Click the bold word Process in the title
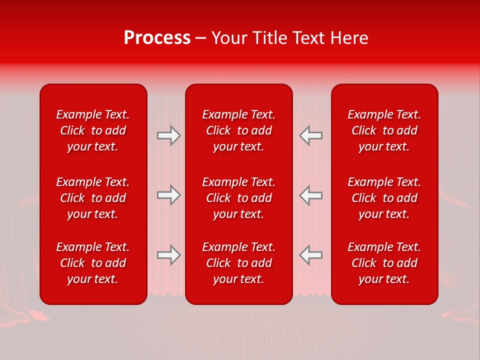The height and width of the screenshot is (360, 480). [157, 38]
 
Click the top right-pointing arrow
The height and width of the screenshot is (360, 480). [169, 135]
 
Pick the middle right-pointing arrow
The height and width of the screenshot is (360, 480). [169, 195]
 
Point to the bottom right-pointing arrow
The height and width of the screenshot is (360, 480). [169, 255]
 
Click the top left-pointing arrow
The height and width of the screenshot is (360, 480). [311, 135]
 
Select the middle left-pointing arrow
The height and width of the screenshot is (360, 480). [311, 195]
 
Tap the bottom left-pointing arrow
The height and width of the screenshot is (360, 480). [311, 255]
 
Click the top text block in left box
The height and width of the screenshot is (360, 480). [93, 130]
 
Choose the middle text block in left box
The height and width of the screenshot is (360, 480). [93, 198]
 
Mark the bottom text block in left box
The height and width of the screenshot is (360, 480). [93, 263]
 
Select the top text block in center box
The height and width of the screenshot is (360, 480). [239, 130]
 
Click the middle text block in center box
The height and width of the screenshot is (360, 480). [239, 198]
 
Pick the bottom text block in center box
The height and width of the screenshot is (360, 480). [239, 263]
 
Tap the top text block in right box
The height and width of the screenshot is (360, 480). [384, 130]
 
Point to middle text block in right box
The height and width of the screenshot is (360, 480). [384, 198]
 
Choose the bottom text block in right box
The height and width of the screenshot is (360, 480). [384, 263]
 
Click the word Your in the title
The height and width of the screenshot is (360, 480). [229, 38]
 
